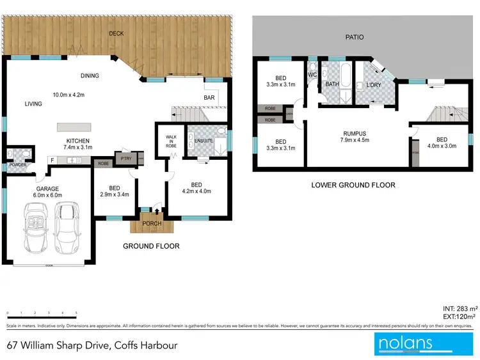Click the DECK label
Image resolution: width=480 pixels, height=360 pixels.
coord(116,33)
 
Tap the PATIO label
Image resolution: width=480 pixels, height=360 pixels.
coord(354,37)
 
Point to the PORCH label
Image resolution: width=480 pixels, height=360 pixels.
coord(152,223)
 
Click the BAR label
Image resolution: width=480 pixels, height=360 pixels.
coord(208,98)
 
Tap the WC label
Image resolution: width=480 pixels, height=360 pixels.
coord(312,74)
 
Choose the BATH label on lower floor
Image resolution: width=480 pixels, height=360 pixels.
coord(332,84)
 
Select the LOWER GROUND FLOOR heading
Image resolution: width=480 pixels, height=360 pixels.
coord(353,185)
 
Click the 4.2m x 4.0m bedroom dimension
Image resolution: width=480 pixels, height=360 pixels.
coord(196,191)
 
